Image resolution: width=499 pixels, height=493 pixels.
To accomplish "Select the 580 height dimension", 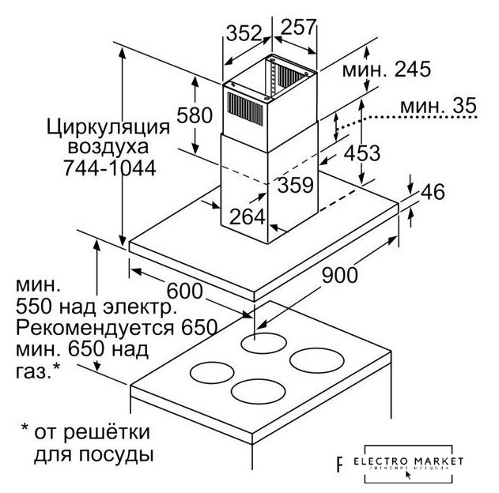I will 195,115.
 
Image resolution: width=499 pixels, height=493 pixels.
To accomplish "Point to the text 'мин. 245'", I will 386,70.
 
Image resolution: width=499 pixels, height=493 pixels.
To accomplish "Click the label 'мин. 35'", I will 437,105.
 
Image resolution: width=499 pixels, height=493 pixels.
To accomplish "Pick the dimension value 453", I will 363,153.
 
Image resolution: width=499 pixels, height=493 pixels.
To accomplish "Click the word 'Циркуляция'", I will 108,126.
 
